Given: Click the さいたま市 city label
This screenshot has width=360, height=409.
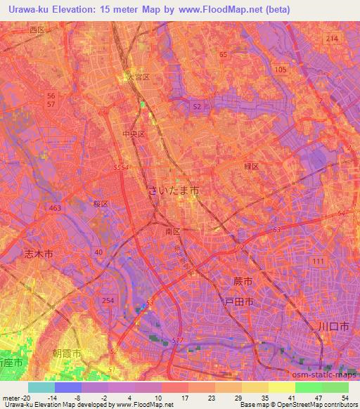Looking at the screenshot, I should [x=174, y=190].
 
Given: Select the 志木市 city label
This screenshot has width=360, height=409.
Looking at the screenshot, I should [x=38, y=254].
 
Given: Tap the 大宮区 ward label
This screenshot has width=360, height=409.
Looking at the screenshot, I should [x=139, y=76].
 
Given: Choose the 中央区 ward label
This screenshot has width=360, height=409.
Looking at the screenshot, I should [x=133, y=134].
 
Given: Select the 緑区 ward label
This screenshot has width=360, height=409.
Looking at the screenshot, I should [x=251, y=167].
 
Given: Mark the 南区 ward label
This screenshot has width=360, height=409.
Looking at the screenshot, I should [x=172, y=230].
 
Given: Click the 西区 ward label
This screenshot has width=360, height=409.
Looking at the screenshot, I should [x=37, y=30].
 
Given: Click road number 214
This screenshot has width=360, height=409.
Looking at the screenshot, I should [x=332, y=38].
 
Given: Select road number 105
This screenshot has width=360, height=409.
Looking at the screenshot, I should [x=281, y=70].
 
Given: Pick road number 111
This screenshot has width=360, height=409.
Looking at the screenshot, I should [x=319, y=261].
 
